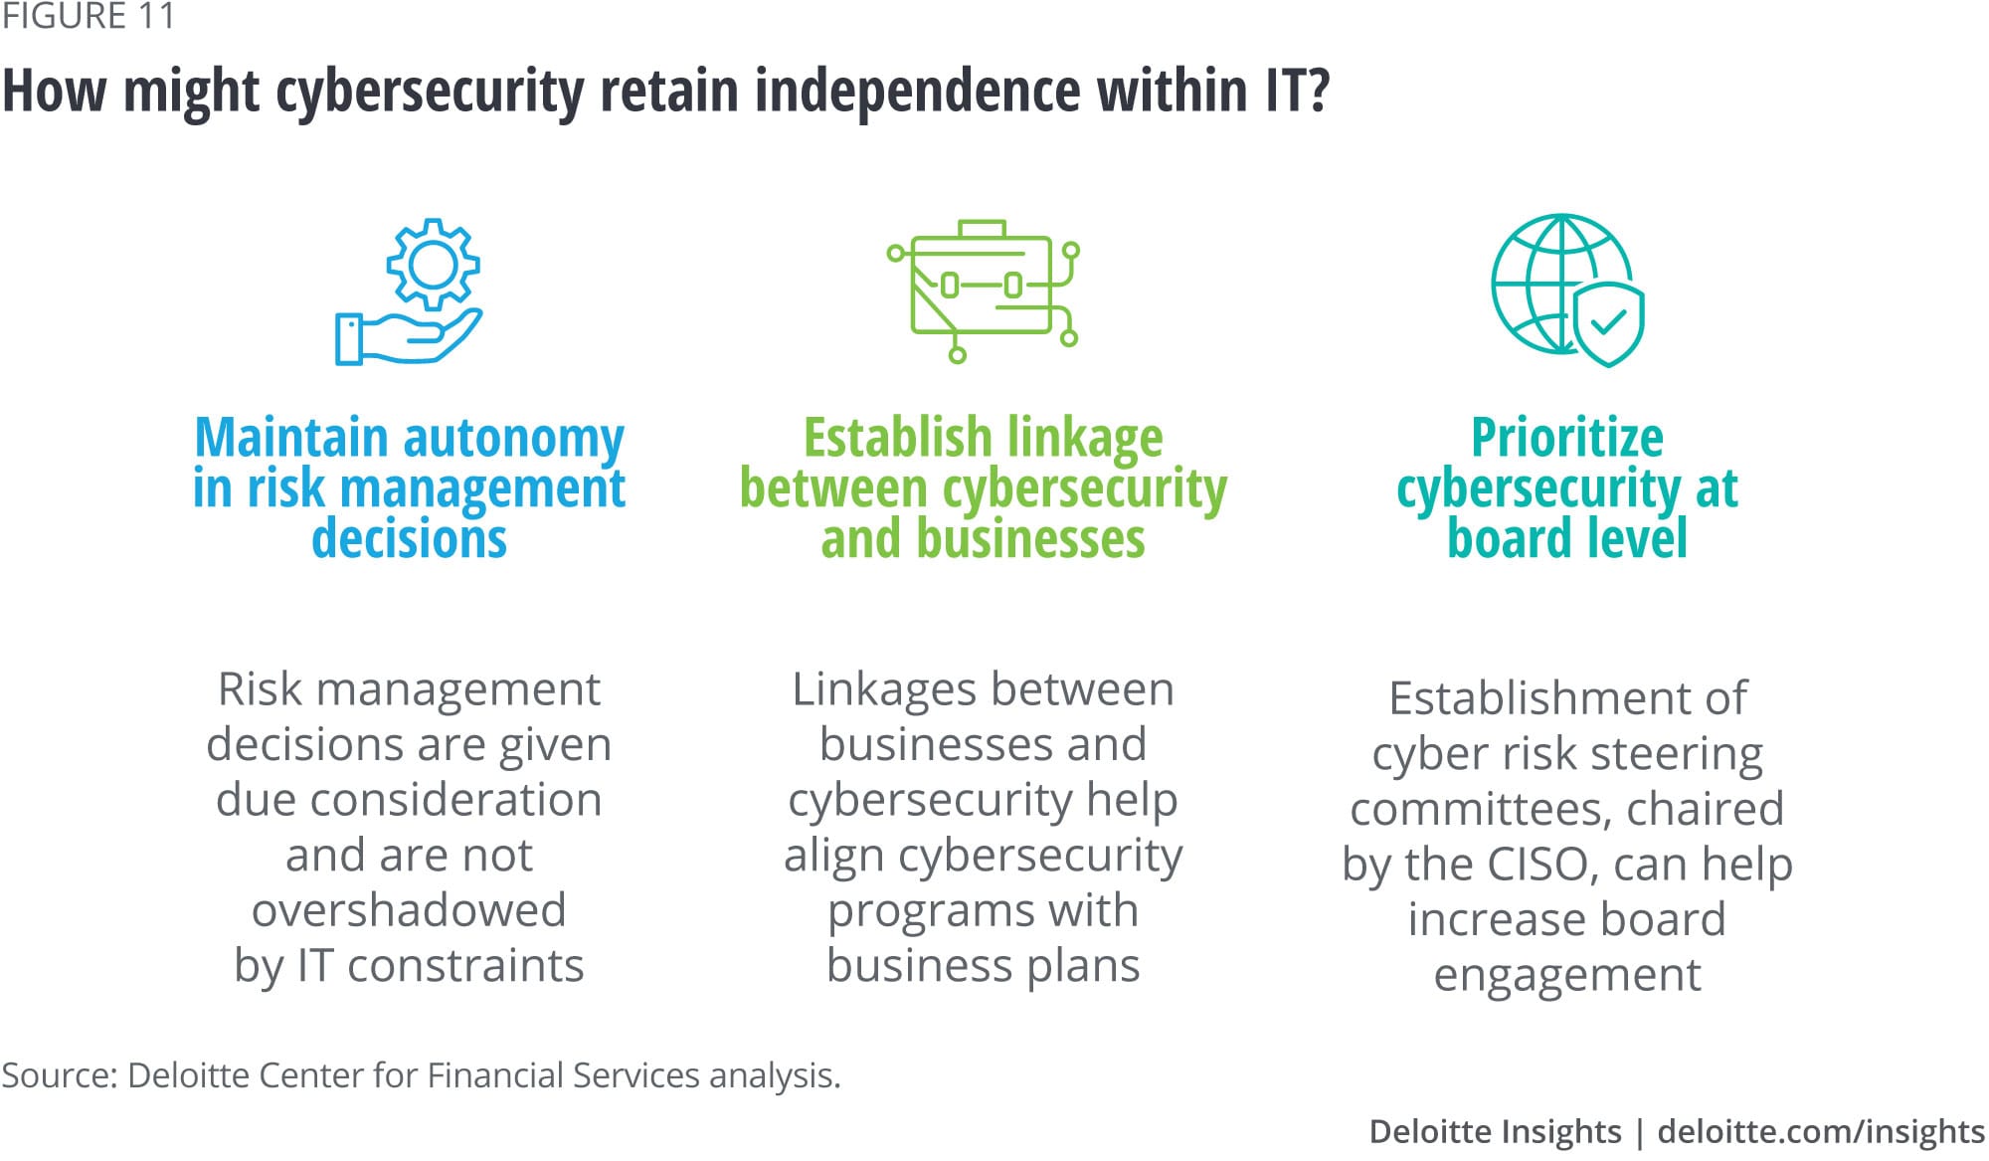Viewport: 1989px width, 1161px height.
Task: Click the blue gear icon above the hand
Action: point(433,264)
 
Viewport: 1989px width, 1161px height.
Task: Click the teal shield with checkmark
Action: point(1608,323)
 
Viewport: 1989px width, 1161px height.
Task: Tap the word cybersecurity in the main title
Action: point(430,92)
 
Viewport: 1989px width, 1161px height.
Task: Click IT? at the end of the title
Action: point(1297,92)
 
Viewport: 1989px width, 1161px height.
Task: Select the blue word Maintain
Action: point(290,438)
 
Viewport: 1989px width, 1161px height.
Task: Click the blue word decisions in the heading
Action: point(409,539)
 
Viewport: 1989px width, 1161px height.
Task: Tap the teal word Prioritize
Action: point(1566,438)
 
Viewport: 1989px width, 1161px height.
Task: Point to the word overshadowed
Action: point(409,910)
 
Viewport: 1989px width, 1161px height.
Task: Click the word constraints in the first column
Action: point(465,966)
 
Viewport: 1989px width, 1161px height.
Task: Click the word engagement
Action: point(1567,975)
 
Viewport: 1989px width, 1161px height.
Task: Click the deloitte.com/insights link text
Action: point(1821,1132)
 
